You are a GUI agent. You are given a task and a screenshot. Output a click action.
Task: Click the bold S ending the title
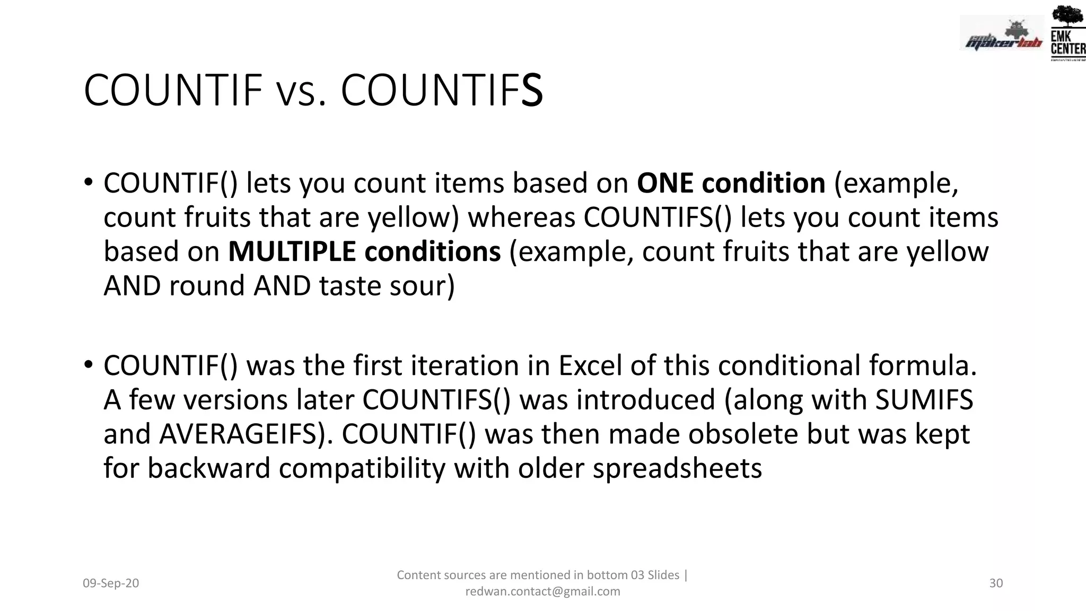pyautogui.click(x=532, y=91)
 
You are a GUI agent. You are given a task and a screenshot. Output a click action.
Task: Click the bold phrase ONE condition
pyautogui.click(x=731, y=183)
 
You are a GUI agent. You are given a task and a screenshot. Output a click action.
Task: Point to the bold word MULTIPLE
pyautogui.click(x=292, y=251)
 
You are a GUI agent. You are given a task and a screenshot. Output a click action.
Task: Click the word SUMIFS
pyautogui.click(x=924, y=400)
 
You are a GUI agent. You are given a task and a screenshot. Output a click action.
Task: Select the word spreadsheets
pyautogui.click(x=677, y=468)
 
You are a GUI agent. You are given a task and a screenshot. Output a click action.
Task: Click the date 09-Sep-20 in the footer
pyautogui.click(x=111, y=583)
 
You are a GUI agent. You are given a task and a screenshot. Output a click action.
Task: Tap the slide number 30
pyautogui.click(x=996, y=583)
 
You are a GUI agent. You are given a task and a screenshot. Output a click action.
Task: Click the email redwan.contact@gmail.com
pyautogui.click(x=542, y=591)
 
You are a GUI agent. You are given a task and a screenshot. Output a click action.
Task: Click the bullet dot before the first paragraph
pyautogui.click(x=89, y=182)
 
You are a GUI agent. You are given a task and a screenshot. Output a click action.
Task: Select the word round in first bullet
pyautogui.click(x=207, y=286)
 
